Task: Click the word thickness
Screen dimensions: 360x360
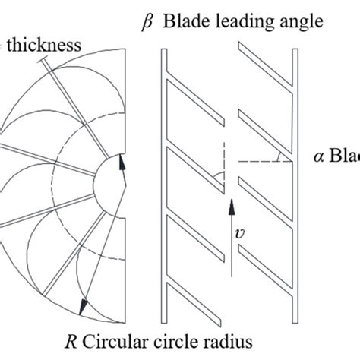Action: pyautogui.click(x=46, y=45)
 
